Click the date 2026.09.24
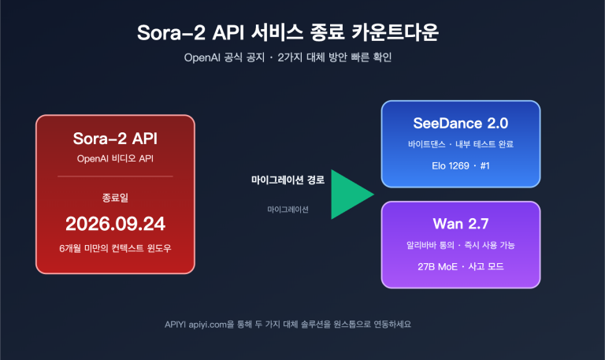(115, 221)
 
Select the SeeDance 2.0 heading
(461, 124)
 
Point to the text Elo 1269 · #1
(461, 166)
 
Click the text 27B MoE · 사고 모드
(461, 266)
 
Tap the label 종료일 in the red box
(115, 195)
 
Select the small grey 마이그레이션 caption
(288, 210)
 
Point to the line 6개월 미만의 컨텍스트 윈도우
(115, 249)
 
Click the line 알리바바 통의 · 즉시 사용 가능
(461, 245)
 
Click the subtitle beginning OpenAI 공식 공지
(302, 57)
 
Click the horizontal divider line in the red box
(115, 176)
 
